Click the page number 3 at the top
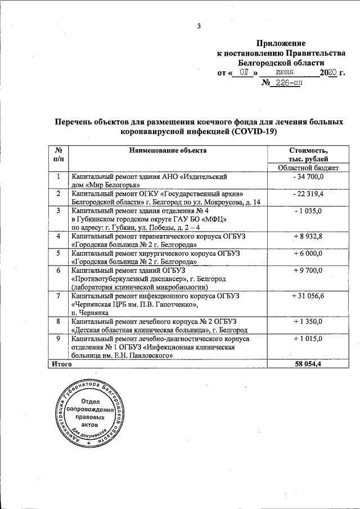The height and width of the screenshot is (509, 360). (198, 25)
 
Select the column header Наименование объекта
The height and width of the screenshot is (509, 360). (168, 150)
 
